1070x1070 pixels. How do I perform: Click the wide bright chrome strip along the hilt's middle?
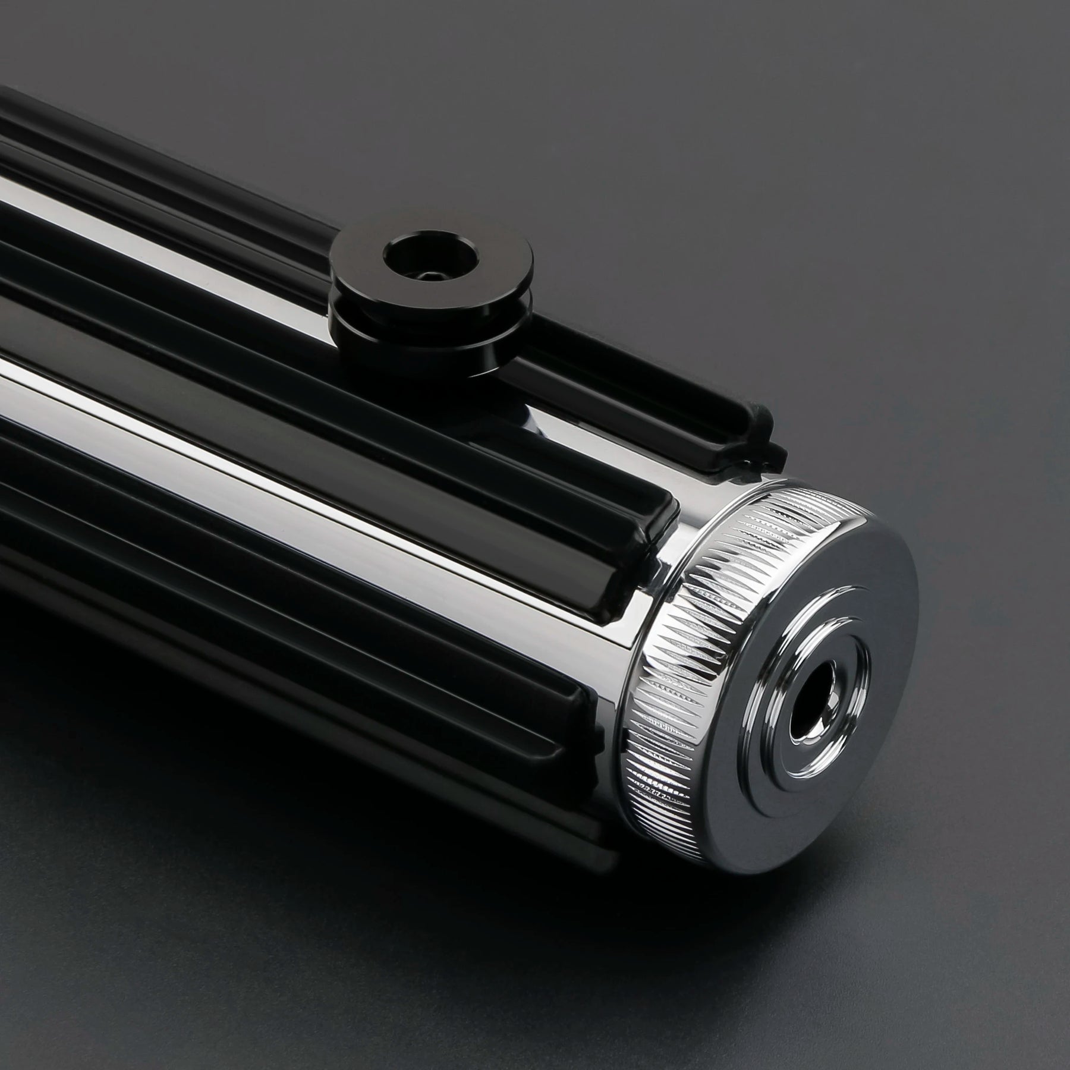(x=238, y=404)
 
